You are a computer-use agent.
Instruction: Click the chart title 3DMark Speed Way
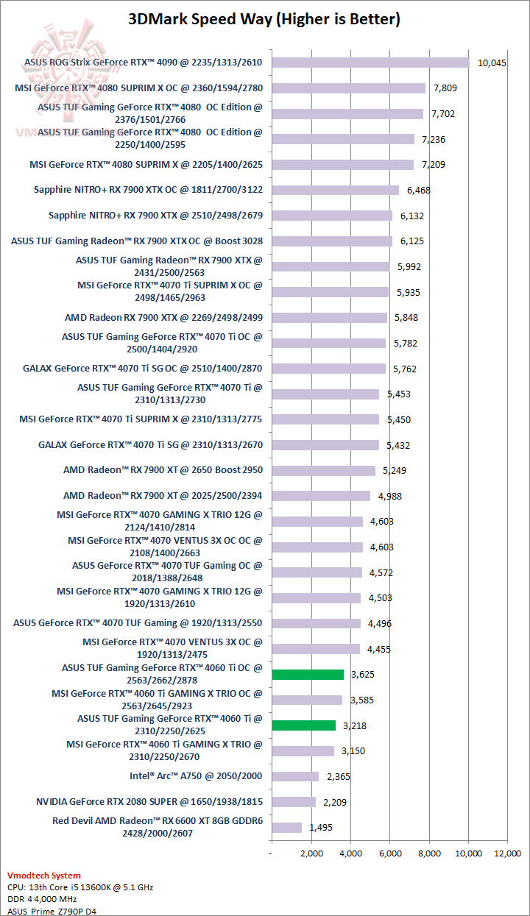(264, 19)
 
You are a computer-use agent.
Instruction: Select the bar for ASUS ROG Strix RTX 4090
(370, 63)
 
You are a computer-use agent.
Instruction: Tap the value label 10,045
(492, 63)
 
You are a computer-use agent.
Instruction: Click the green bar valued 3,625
(308, 674)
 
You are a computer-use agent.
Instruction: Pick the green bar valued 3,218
(303, 725)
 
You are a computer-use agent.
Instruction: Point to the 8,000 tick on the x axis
(429, 853)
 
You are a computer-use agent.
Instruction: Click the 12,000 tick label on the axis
(507, 853)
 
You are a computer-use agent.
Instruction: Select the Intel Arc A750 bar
(295, 776)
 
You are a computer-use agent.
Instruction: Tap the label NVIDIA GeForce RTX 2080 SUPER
(149, 801)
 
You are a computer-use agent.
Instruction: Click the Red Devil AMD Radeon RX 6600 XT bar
(286, 827)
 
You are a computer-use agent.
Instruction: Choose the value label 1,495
(322, 828)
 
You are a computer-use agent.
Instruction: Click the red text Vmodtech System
(44, 876)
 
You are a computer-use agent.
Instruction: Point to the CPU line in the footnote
(80, 887)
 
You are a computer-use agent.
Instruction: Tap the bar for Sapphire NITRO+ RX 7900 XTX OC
(335, 190)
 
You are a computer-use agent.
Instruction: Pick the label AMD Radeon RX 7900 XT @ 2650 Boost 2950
(163, 470)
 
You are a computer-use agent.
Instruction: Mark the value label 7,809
(446, 88)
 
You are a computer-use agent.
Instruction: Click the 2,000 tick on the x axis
(311, 853)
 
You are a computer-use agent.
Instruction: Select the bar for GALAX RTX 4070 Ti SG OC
(328, 369)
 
